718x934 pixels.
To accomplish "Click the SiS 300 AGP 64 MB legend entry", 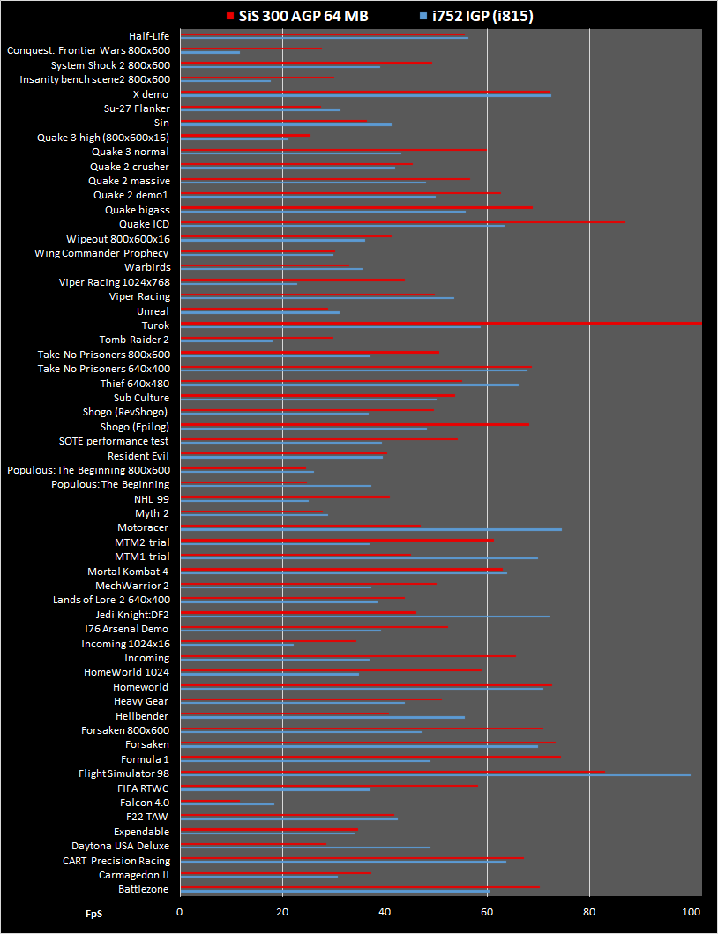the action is [297, 16].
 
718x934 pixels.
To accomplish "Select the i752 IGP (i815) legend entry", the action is [476, 16].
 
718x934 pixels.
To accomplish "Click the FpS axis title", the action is [93, 914].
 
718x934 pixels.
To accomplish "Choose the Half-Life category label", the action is [149, 36].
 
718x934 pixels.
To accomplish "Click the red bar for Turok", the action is [441, 324].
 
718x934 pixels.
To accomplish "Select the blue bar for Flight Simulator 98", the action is [436, 775].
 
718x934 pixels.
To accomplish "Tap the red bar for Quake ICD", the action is [403, 222].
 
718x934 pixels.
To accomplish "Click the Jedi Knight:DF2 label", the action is [132, 615].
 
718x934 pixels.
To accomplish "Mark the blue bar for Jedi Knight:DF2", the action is [364, 616].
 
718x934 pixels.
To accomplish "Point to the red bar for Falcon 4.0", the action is [210, 801].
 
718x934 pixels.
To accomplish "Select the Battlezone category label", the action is [144, 889].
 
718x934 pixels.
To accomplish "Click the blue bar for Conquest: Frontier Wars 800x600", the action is [210, 52].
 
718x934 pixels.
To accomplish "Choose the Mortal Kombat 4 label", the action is [128, 572].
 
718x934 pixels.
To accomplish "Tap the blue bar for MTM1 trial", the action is [359, 558].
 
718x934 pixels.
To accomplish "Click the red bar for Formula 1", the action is [370, 757].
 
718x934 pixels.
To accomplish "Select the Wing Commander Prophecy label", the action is [102, 254].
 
